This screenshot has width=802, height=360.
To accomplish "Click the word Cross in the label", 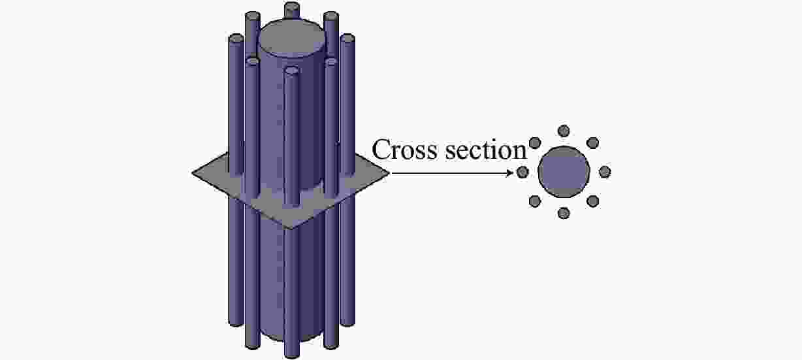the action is point(404,149).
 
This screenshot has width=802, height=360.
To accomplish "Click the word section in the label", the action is point(485,150).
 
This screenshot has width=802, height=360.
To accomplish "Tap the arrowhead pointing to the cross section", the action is point(509,173).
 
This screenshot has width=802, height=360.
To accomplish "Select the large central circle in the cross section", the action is point(564,172).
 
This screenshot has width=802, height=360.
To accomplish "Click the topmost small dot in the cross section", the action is point(564,131).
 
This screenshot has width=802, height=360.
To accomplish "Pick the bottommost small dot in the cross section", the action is point(564,213).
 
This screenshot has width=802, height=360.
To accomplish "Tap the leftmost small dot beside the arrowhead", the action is point(522,172).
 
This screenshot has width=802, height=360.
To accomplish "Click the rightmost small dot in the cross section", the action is point(605,172).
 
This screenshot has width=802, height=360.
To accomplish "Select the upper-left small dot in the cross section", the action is point(535,143).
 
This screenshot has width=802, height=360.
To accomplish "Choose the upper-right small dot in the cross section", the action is point(592,143).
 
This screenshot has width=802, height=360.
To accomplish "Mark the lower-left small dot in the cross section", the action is point(535,201).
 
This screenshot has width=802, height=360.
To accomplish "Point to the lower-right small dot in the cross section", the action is point(592,201).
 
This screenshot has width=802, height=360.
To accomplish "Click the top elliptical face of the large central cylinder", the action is point(293,39).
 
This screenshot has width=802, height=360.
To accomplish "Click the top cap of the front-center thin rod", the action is point(292,70).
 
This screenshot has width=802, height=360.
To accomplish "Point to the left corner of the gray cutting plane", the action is point(192,173).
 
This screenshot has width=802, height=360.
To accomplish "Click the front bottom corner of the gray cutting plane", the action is point(291,229).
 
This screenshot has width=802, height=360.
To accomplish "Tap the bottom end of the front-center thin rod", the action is point(292,355).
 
